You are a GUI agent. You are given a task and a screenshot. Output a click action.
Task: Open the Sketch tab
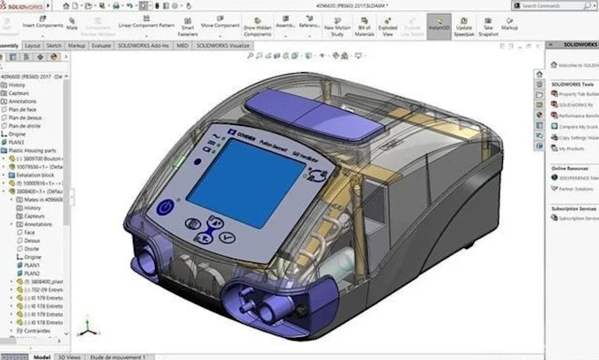pyautogui.click(x=54, y=44)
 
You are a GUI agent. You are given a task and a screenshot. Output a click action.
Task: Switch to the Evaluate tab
pyautogui.click(x=101, y=44)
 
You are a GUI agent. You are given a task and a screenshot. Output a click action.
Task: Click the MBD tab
pyautogui.click(x=182, y=44)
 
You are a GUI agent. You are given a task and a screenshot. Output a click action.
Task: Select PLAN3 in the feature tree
pyautogui.click(x=17, y=142)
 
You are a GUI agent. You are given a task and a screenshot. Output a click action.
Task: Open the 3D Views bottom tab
pyautogui.click(x=70, y=356)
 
